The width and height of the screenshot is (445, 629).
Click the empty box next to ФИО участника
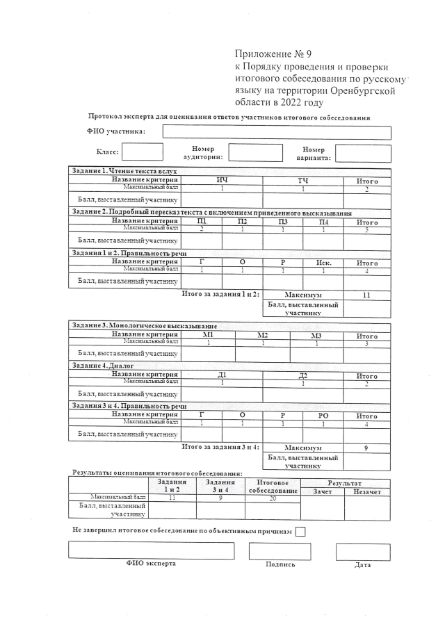pos(277,132)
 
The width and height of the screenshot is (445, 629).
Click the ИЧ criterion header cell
pos(222,181)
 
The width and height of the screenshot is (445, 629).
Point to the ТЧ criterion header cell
pos(303,181)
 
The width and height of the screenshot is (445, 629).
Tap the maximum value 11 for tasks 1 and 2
pos(366,295)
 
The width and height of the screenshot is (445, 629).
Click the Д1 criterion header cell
pos(222,376)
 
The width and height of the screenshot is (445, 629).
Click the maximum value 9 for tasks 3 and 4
pos(366,448)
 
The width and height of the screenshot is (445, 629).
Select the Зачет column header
pos(323,491)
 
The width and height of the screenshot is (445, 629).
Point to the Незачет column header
pos(366,491)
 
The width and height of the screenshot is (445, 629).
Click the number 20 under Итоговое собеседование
pos(273,498)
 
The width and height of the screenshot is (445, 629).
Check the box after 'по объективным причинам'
pos(300,532)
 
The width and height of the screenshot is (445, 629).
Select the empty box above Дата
pos(363,552)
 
